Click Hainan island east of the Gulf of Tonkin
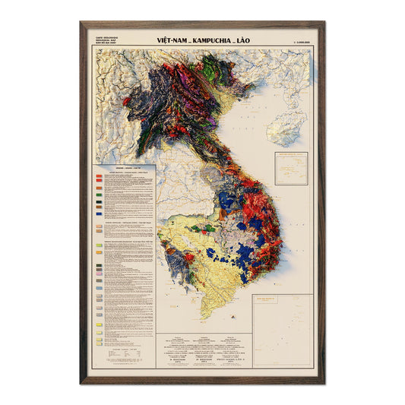pos(287,127)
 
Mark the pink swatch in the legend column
pos(100,228)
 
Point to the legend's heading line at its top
pos(124,168)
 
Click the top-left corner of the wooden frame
pos(81,23)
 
